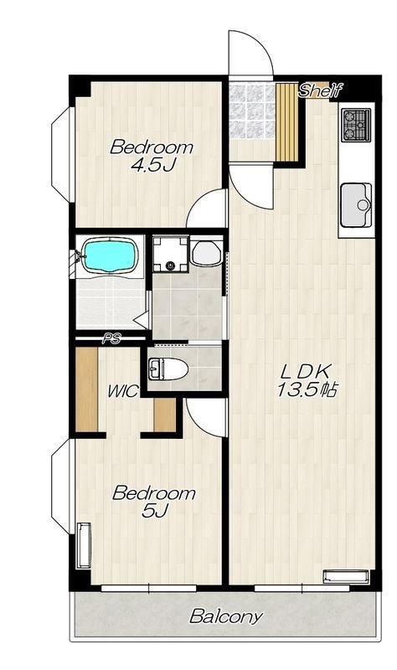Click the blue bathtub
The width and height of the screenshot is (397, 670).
111,255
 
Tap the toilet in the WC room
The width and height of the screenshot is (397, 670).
168,369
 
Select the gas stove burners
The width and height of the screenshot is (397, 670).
356,125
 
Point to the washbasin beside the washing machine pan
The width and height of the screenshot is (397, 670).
206,253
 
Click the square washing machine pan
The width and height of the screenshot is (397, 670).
171,254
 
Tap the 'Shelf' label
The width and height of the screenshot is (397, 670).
321,90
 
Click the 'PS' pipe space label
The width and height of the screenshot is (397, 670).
111,339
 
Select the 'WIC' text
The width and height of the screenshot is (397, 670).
123,390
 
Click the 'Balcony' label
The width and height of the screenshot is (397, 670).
225,616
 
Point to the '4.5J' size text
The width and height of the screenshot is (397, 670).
153,164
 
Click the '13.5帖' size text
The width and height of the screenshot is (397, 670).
307,389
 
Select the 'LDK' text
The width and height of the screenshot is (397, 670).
306,371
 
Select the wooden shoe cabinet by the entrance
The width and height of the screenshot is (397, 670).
286,122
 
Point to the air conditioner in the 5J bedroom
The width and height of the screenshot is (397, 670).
84,545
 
